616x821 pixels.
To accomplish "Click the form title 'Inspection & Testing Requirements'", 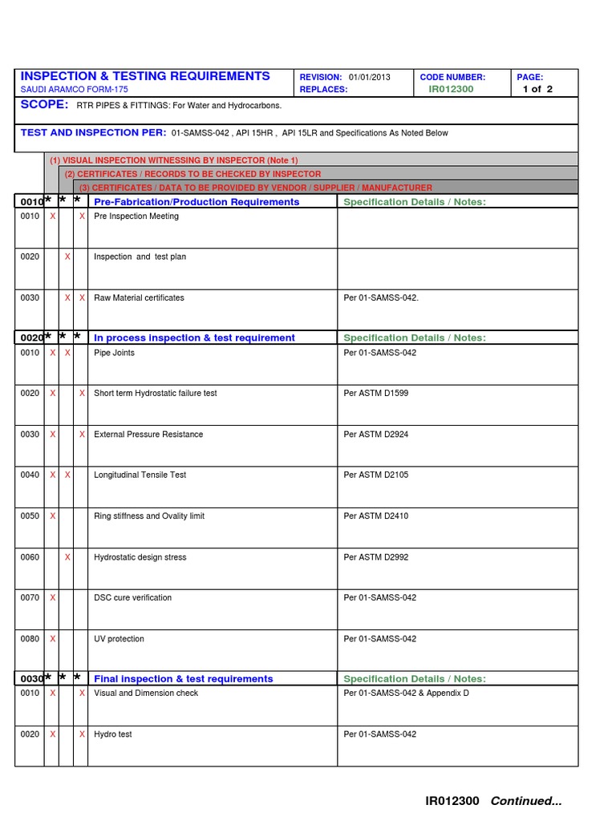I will pos(145,76).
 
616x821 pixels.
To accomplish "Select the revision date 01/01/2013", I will pos(370,77).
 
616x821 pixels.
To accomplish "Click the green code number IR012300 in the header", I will pos(451,89).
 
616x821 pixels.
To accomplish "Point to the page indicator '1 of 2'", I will pos(537,89).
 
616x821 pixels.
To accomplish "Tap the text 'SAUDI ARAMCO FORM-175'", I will pos(74,90).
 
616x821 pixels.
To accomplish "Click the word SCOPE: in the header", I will pos(44,105).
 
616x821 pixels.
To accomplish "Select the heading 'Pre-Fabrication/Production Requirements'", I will pos(197,202).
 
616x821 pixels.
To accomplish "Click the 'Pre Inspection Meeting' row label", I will pos(136,216).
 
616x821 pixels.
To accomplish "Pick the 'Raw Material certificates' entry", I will pos(139,298).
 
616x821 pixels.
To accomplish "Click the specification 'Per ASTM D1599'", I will pos(376,394).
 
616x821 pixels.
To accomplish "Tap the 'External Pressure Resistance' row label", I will pos(148,435).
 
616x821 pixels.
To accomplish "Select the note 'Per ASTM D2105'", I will pos(376,475).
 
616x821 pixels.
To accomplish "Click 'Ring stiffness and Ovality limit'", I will pos(149,516).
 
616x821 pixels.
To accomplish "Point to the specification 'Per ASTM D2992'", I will pos(376,557).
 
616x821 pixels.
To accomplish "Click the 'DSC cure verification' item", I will pos(132,598).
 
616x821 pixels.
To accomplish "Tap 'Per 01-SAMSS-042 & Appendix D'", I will pos(406,694).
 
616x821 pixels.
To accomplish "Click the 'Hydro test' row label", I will pos(113,734).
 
